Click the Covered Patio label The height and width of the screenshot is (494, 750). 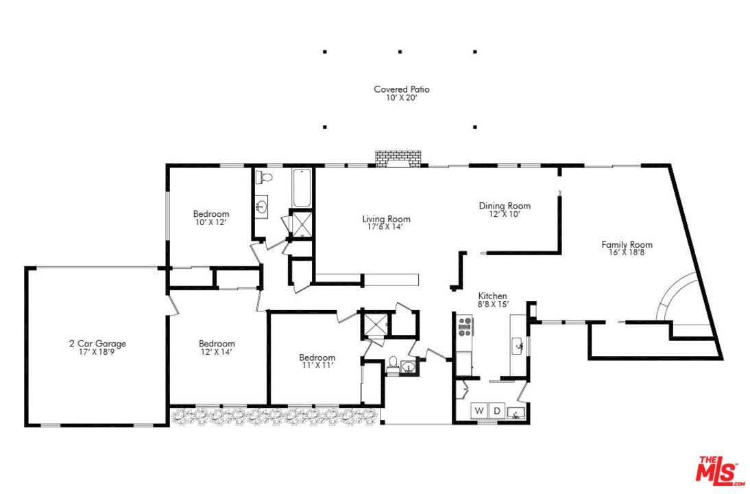(401, 89)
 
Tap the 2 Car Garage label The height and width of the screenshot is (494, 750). (97, 344)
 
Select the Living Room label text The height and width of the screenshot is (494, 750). (386, 220)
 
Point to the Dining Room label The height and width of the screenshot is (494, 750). (504, 206)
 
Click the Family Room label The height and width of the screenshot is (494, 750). (627, 244)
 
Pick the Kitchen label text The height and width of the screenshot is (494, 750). (492, 296)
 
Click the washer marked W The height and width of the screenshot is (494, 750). (479, 412)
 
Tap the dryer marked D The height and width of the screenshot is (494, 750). (497, 412)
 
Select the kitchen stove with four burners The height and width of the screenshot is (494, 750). (464, 328)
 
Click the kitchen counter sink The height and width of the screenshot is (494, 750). (518, 345)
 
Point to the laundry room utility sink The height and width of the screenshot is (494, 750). (517, 412)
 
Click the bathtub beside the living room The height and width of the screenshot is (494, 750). (302, 188)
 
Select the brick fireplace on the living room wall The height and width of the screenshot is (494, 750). (399, 159)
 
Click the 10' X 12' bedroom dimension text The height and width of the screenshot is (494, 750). (210, 222)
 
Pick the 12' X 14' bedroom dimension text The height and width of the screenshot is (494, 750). (217, 352)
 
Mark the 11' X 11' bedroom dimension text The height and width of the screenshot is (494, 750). (317, 366)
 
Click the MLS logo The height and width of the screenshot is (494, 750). (720, 471)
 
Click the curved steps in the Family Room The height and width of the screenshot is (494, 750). (675, 298)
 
